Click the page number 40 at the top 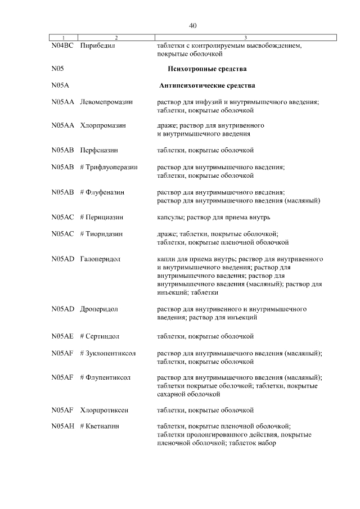193,26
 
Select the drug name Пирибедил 98,46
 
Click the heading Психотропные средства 208,69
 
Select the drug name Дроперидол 99,309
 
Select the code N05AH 62,427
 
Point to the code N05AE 62,336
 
